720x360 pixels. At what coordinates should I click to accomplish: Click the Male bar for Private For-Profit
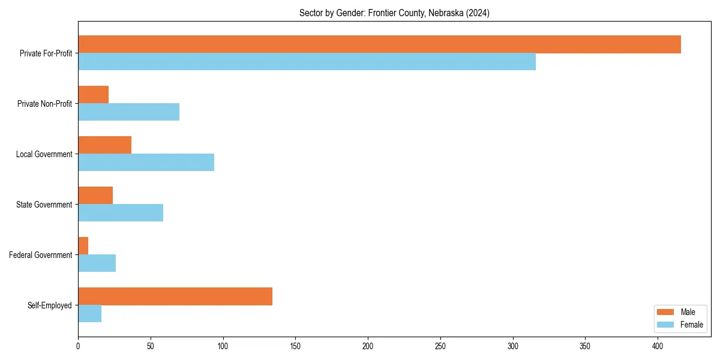tap(379, 44)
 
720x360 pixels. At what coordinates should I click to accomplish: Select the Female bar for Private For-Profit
tap(307, 62)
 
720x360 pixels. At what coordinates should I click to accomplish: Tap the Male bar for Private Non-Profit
tap(93, 95)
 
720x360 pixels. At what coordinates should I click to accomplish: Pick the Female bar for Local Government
tap(146, 163)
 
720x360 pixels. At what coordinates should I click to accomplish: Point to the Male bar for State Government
tap(95, 196)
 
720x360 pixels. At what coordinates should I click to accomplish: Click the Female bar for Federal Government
tap(97, 263)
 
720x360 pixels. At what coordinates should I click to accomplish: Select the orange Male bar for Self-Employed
tap(175, 296)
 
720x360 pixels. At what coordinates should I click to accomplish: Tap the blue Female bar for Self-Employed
tap(89, 314)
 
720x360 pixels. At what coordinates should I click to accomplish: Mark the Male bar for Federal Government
tap(83, 246)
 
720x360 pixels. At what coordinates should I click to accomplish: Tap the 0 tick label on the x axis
tap(78, 346)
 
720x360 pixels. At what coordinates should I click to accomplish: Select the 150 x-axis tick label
tap(295, 346)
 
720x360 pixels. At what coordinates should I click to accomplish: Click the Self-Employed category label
tap(50, 305)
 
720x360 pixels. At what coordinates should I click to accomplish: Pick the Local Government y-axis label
tap(44, 154)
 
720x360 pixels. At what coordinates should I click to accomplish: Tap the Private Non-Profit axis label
tap(44, 104)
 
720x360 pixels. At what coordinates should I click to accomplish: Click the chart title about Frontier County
tap(394, 13)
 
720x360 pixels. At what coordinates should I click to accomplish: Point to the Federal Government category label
tap(41, 255)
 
